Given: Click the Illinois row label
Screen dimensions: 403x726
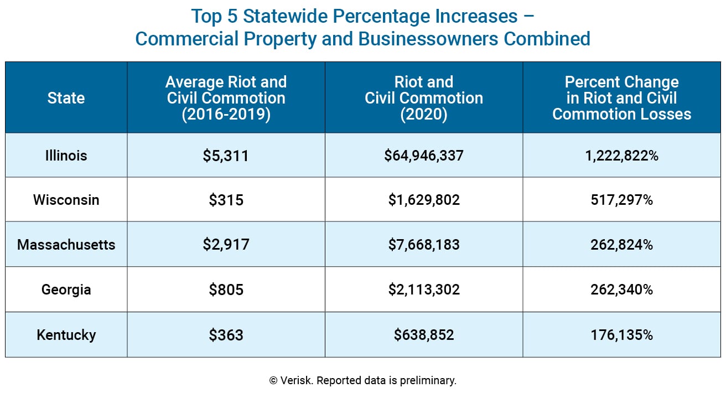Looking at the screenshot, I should (x=66, y=156).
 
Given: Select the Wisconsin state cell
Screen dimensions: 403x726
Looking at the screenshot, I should (x=66, y=200).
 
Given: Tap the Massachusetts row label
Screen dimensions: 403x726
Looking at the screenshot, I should (x=66, y=245).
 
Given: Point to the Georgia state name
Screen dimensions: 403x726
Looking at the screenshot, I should (x=66, y=290).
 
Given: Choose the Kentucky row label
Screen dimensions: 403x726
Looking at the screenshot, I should (x=66, y=335).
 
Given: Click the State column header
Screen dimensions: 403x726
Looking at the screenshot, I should (x=66, y=98).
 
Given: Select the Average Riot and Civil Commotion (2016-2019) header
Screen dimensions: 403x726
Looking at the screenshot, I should (x=226, y=98).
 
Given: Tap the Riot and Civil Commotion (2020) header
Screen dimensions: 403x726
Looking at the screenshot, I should (x=424, y=98).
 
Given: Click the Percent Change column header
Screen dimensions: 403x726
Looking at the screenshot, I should (x=621, y=98).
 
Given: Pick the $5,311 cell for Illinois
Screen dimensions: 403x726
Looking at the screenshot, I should (x=226, y=156).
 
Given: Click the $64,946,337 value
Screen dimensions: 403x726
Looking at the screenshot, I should (x=424, y=156).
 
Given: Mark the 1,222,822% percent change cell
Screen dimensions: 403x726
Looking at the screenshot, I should (x=621, y=156).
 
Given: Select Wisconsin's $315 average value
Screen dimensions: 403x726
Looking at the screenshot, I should (x=226, y=200).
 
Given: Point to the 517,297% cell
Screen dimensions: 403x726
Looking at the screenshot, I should (x=621, y=200).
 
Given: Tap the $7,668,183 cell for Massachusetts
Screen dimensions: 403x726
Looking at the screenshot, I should (x=424, y=245).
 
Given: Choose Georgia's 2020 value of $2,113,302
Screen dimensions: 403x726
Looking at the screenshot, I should (x=424, y=290).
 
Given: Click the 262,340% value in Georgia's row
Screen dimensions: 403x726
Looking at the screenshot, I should (x=621, y=290).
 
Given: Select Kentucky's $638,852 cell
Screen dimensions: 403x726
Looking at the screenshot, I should (x=424, y=335).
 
